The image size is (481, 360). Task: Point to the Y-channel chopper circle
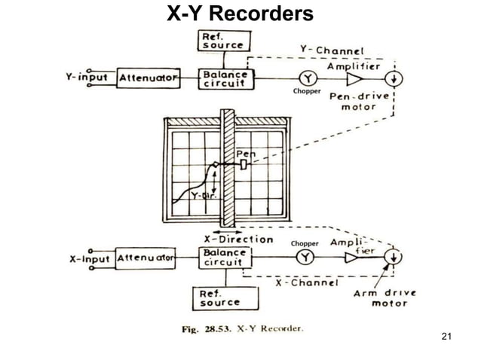click(x=306, y=78)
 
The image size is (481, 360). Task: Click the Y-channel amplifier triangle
click(x=354, y=78)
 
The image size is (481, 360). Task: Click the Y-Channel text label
click(x=329, y=50)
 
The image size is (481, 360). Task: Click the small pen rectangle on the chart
click(x=243, y=164)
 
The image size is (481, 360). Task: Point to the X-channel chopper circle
click(x=306, y=258)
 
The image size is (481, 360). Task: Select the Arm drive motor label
click(x=381, y=297)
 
